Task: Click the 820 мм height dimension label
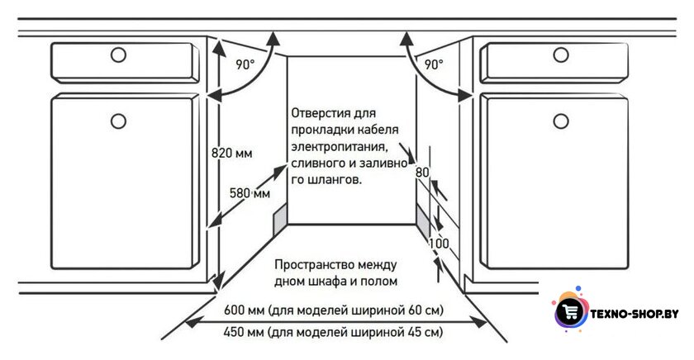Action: [x=232, y=153]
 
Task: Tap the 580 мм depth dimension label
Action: [x=250, y=193]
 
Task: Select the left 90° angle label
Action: [x=245, y=64]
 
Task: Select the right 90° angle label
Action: [x=434, y=64]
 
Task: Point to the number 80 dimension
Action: [x=422, y=172]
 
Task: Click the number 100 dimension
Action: [x=439, y=244]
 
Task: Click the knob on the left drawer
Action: [x=118, y=54]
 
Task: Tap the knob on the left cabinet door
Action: [x=118, y=121]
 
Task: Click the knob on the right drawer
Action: [x=561, y=54]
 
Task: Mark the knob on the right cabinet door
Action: [x=561, y=121]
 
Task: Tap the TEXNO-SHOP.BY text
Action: [x=635, y=314]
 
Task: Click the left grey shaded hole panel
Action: [x=280, y=220]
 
